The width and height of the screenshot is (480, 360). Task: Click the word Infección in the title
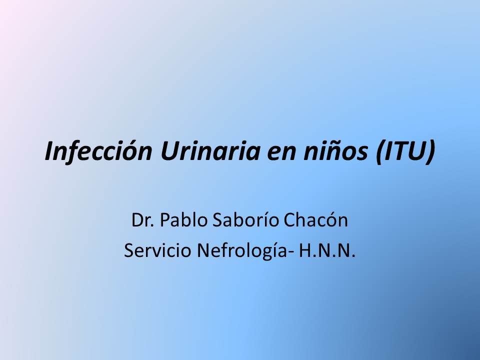click(x=98, y=150)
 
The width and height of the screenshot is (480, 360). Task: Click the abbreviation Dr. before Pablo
click(x=142, y=220)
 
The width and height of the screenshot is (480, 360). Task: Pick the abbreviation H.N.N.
click(x=327, y=250)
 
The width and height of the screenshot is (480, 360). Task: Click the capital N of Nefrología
click(x=203, y=250)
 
